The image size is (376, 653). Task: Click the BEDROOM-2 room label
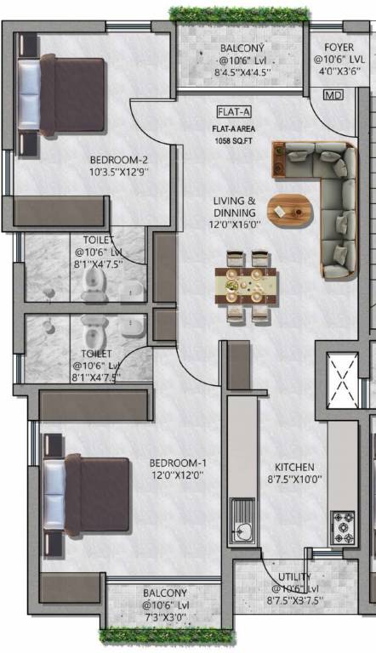click(119, 159)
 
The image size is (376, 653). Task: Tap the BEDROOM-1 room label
click(178, 463)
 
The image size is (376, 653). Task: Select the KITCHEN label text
click(294, 468)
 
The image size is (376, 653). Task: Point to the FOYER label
click(339, 48)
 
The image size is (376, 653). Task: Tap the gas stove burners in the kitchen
click(344, 527)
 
